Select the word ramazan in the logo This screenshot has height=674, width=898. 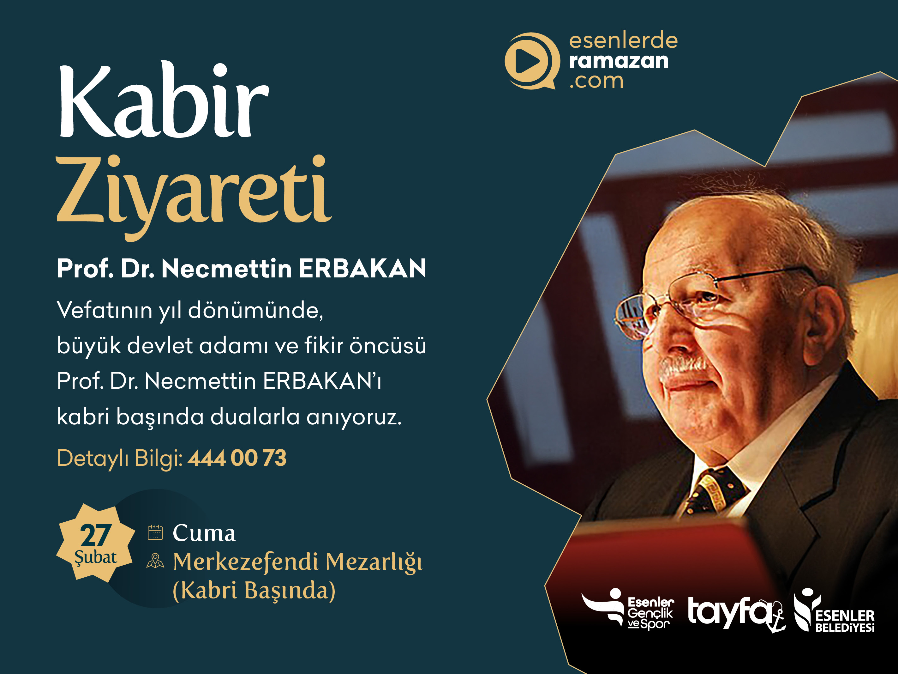click(x=618, y=61)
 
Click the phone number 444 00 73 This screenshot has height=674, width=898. click(x=237, y=458)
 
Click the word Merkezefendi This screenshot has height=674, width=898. click(x=246, y=562)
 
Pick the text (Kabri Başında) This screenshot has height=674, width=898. click(x=254, y=590)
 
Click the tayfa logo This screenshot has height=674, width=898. click(x=735, y=613)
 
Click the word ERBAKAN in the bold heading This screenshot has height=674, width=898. click(x=362, y=269)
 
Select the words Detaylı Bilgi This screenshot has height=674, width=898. click(x=119, y=458)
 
